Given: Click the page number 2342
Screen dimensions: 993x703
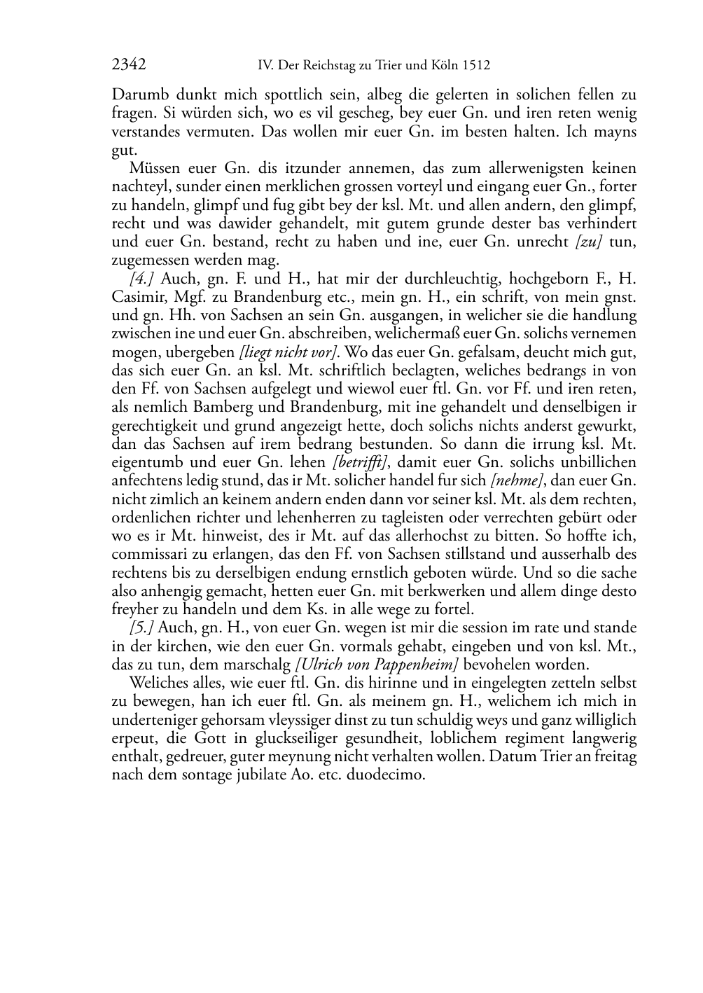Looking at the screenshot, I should [129, 65].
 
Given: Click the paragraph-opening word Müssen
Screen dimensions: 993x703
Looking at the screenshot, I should [153, 168].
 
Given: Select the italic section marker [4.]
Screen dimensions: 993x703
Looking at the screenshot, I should [143, 279].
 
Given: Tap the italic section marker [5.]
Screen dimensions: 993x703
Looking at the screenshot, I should [142, 627].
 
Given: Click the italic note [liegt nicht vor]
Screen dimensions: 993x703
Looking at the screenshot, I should [288, 352].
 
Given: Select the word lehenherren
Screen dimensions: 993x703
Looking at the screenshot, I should [314, 518].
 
